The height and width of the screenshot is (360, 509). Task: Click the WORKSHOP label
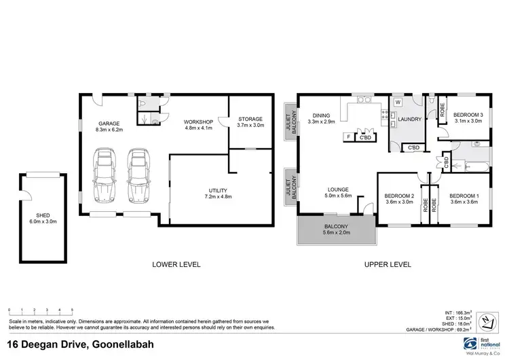199,125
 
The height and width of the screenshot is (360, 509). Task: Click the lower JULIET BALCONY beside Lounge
290,186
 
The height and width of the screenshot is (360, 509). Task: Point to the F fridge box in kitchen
347,137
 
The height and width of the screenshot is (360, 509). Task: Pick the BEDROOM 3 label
468,118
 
